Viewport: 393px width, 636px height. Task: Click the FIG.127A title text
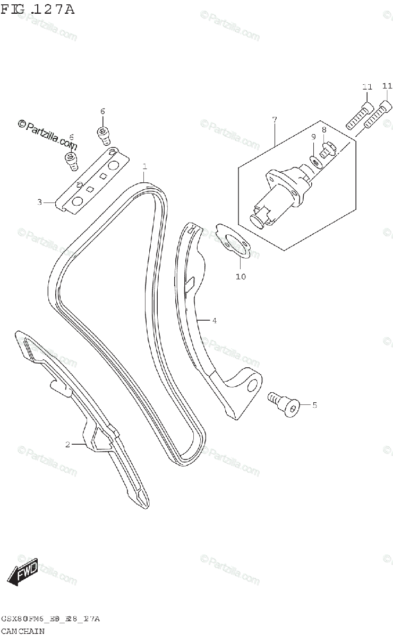coord(38,9)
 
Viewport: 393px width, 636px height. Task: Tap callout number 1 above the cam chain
coord(144,167)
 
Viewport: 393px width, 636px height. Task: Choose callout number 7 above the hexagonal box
coord(275,120)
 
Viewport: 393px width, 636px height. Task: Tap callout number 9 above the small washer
coord(313,137)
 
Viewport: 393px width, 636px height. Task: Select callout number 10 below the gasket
coord(241,276)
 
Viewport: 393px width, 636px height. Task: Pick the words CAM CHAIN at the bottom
coord(22,631)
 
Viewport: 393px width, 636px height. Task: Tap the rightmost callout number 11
coord(387,86)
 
